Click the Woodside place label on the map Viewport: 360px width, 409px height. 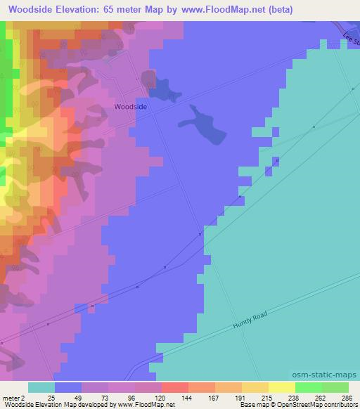pos(131,107)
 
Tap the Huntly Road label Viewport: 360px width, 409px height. pos(251,324)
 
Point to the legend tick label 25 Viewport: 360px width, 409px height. pos(41,398)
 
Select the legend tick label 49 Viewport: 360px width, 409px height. pos(67,398)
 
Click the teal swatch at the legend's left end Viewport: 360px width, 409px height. pos(41,387)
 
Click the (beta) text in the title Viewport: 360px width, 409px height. pos(278,10)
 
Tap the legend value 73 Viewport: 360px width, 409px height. pos(95,398)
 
